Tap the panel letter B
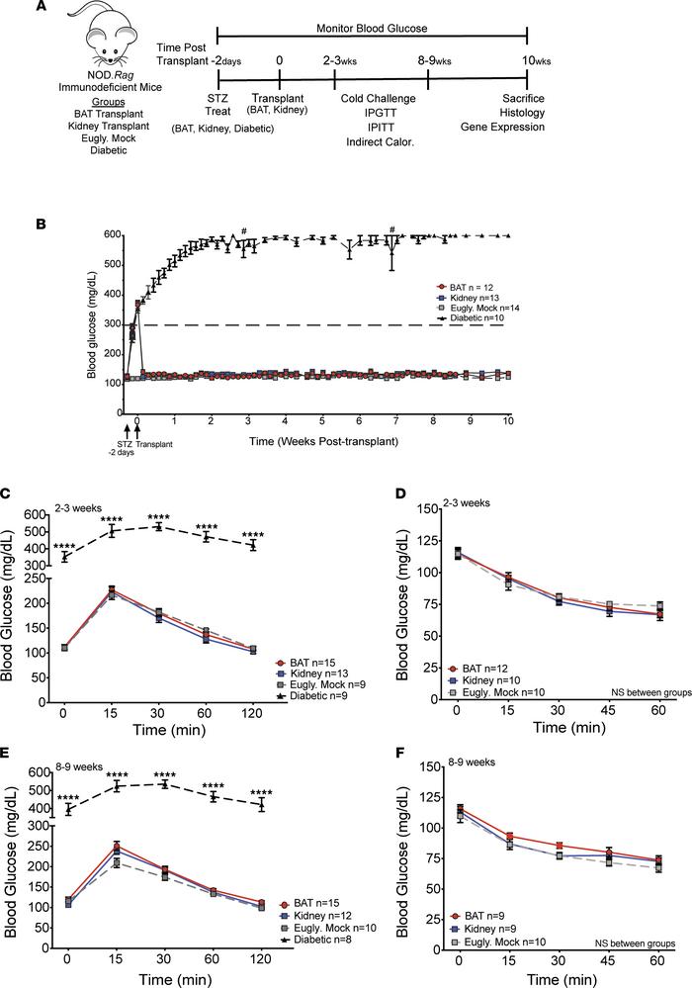pyautogui.click(x=41, y=225)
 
